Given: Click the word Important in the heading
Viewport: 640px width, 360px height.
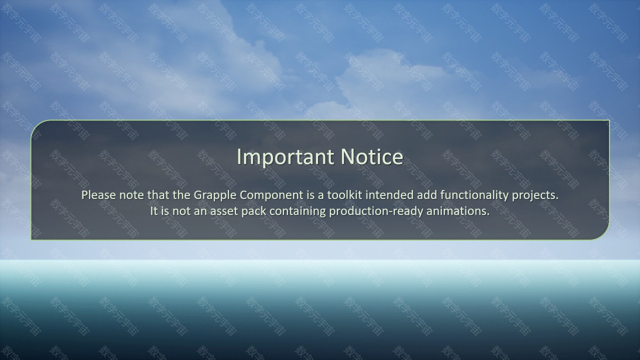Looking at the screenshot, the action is coord(285,157).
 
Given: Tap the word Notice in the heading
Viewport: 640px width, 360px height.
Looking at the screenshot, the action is coord(371,156).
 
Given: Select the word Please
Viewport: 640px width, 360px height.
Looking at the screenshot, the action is coord(98,195).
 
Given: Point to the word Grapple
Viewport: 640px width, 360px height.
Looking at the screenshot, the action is coord(215,195).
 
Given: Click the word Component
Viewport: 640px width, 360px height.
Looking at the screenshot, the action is coord(271,195).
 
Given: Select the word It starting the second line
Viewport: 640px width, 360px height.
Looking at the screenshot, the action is coord(153,211).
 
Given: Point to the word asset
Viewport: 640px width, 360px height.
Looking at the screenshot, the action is coord(224,211).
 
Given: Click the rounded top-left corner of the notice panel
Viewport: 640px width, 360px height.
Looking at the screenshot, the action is coord(35,124).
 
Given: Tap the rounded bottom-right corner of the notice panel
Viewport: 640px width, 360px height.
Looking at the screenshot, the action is coord(605,235).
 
